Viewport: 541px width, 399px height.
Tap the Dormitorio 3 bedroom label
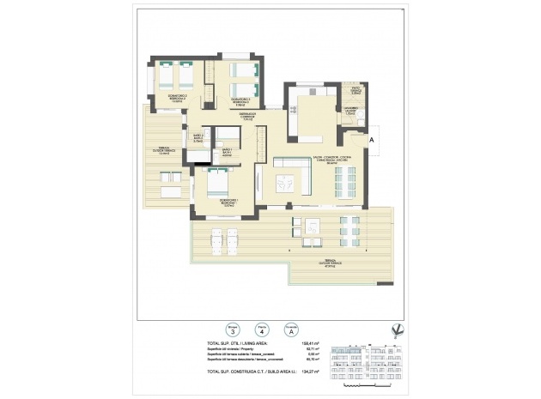(x=243, y=100)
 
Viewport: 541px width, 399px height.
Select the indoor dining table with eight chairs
(x=342, y=180)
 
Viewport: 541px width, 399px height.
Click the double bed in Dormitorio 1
(x=216, y=181)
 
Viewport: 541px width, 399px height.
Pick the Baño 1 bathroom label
(x=228, y=153)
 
